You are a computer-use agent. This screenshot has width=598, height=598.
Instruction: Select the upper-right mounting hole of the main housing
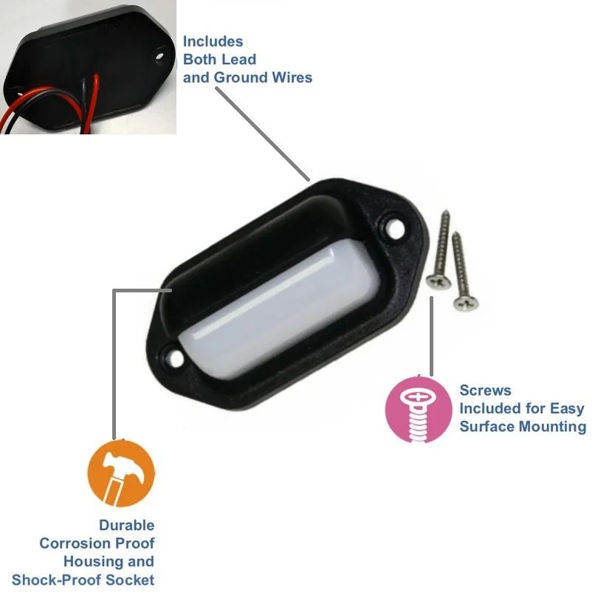click(391, 227)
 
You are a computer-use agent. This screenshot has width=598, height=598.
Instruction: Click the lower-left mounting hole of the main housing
click(175, 356)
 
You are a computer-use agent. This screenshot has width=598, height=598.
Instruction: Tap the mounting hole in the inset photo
click(159, 52)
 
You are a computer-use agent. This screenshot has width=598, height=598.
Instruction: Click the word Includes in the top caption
click(213, 41)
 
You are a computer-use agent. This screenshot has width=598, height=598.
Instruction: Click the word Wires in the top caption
click(292, 77)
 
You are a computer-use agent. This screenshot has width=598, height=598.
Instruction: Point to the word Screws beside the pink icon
click(484, 391)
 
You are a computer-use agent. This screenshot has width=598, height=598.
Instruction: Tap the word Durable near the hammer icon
click(127, 526)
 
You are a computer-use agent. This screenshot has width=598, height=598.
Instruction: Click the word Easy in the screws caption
click(567, 408)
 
